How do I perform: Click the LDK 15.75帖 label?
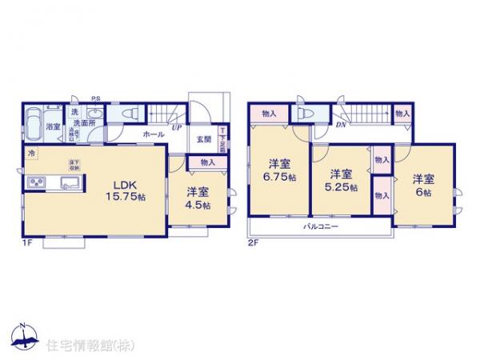click(122, 190)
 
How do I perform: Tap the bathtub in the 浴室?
click(34, 125)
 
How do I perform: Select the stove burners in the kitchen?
click(38, 185)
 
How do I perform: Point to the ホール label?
click(153, 135)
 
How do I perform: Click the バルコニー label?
click(320, 226)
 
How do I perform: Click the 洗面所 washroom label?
click(87, 123)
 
